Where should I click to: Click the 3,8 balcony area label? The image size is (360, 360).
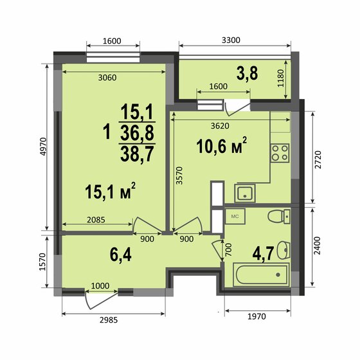pyautogui.click(x=248, y=73)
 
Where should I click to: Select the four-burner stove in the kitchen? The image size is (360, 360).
pyautogui.click(x=280, y=152)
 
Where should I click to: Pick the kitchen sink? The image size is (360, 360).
pyautogui.click(x=245, y=192)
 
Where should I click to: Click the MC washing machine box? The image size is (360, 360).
pyautogui.click(x=235, y=217)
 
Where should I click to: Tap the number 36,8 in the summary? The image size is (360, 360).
pyautogui.click(x=137, y=133)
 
